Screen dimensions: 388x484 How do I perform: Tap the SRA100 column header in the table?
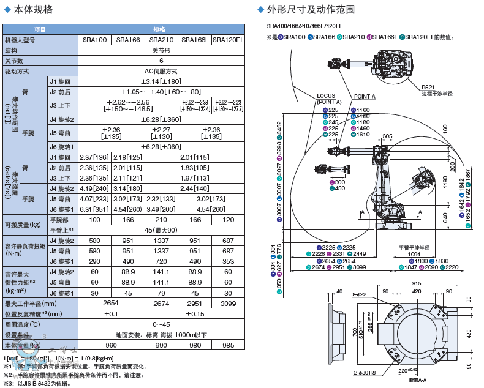[x=94, y=40]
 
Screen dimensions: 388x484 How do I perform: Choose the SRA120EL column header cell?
[x=228, y=40]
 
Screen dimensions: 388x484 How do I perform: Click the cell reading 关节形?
[x=161, y=50]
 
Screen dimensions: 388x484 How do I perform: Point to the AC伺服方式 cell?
[x=161, y=71]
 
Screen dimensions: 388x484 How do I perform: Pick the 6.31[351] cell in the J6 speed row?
[x=94, y=209]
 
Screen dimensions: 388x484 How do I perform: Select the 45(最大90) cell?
[x=161, y=229]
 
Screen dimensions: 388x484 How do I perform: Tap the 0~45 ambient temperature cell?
[x=161, y=324]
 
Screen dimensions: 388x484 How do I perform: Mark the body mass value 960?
[x=94, y=345]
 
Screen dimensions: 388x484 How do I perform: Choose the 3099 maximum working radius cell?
[x=228, y=303]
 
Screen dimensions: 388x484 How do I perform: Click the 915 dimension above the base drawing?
[x=416, y=283]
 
